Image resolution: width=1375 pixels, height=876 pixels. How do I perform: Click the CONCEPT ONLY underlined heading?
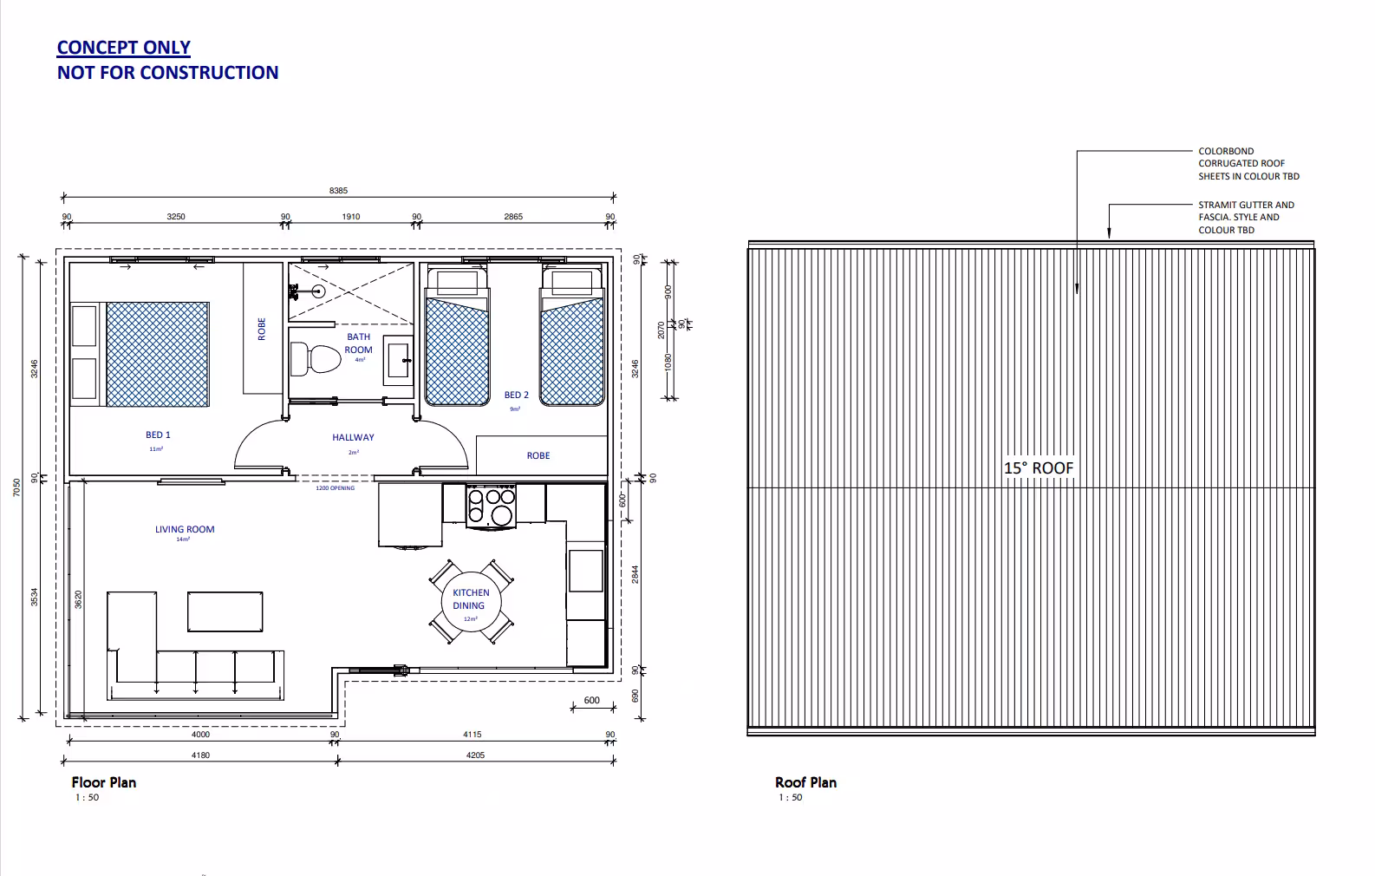tap(123, 48)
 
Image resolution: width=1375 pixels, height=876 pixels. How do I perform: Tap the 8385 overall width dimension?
tap(338, 191)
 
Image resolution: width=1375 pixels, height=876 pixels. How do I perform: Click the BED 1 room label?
tap(158, 435)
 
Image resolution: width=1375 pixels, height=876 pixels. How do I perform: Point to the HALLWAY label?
tap(353, 437)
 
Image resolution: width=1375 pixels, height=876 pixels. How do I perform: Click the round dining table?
tap(470, 599)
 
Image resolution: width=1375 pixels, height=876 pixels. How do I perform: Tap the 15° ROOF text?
tap(1039, 467)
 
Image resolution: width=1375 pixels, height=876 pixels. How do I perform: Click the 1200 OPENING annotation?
tap(335, 488)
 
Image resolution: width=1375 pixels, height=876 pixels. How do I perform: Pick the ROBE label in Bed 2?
tap(538, 455)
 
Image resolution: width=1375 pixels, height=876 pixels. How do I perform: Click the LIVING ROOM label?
tap(185, 529)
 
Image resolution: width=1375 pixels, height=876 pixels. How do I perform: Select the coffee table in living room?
tap(225, 611)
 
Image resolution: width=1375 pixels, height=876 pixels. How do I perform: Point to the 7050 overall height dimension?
tap(16, 488)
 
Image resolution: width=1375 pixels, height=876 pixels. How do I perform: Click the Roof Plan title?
tap(805, 782)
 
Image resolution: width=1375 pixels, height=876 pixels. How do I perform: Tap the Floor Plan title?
tap(103, 782)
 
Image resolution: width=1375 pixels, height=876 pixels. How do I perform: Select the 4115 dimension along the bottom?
tap(472, 735)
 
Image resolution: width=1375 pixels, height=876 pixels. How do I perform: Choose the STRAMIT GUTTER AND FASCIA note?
tap(1245, 217)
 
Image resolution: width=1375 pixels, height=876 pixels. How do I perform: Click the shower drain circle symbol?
tap(318, 291)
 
